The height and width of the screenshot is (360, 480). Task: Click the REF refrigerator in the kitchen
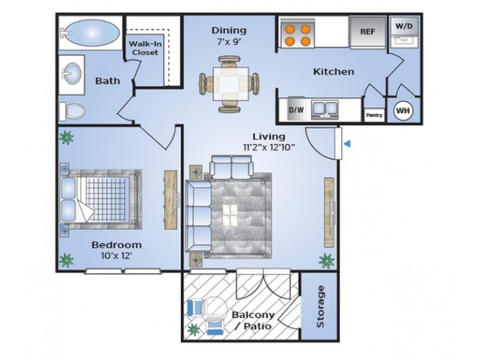coord(367,32)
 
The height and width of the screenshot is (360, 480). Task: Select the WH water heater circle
coord(403,110)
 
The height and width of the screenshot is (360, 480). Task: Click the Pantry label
coord(374,115)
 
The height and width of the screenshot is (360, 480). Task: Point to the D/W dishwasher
coord(296,109)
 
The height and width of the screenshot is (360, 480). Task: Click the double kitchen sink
coord(325,109)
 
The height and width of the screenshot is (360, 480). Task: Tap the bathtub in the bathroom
coord(91,33)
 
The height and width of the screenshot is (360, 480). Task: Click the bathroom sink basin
coord(72,73)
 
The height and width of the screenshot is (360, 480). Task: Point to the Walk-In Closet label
coord(145,48)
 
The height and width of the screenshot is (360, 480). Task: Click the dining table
coord(231,84)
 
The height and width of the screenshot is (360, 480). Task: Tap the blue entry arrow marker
coord(347,143)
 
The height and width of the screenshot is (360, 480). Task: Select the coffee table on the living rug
coord(230,215)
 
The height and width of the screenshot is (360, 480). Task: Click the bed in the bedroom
coord(101,199)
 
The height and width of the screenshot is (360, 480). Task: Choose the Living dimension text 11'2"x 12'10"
coord(268,147)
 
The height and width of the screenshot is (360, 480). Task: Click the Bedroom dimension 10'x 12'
coord(116,255)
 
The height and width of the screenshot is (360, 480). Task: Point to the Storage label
coord(320,306)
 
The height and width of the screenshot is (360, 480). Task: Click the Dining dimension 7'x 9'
coord(229,41)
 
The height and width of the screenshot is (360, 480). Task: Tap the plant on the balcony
coord(193,330)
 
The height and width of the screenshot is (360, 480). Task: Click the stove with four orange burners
coord(298,33)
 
